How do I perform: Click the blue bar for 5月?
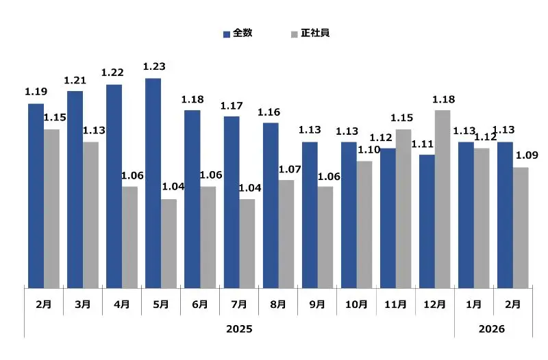pyautogui.click(x=153, y=183)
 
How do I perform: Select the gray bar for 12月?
pyautogui.click(x=442, y=198)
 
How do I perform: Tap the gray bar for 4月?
pyautogui.click(x=129, y=237)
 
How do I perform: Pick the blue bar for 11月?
pyautogui.click(x=387, y=218)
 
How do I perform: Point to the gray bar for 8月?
pyautogui.click(x=286, y=233)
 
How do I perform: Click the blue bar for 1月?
pyautogui.click(x=466, y=214)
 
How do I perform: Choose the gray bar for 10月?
pyautogui.click(x=364, y=224)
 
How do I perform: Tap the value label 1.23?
pyautogui.click(x=154, y=66)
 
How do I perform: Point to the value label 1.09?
pyautogui.click(x=527, y=155)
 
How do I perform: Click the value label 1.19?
pyautogui.click(x=36, y=92)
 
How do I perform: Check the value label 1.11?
pyautogui.click(x=423, y=144)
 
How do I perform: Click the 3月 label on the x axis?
pyautogui.click(x=82, y=305)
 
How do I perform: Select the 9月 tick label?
pyautogui.click(x=317, y=305)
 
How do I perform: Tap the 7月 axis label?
pyautogui.click(x=239, y=305)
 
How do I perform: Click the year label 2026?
pyautogui.click(x=492, y=329)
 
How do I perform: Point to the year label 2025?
pyautogui.click(x=239, y=329)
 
